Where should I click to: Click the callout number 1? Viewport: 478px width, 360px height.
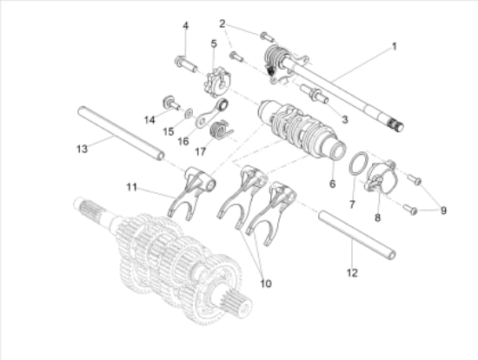[x=395, y=47]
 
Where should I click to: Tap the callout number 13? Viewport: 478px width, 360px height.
[x=82, y=149]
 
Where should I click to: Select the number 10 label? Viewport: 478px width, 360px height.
[x=266, y=283]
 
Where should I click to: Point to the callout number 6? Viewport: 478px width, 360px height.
[x=332, y=183]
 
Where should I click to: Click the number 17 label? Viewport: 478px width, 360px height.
[x=200, y=151]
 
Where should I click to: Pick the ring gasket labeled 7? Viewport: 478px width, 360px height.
[x=358, y=163]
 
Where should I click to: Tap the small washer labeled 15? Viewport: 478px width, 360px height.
[x=189, y=113]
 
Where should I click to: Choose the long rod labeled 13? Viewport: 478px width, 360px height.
[x=121, y=133]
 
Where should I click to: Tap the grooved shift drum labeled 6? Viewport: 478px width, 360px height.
[x=302, y=128]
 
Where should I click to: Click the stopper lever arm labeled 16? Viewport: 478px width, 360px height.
[x=212, y=112]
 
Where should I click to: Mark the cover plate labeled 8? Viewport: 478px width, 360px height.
[x=381, y=177]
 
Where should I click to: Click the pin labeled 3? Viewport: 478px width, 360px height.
[x=314, y=93]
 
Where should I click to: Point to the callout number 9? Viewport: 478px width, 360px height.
[x=443, y=210]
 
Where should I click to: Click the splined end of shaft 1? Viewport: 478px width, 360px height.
[x=396, y=124]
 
